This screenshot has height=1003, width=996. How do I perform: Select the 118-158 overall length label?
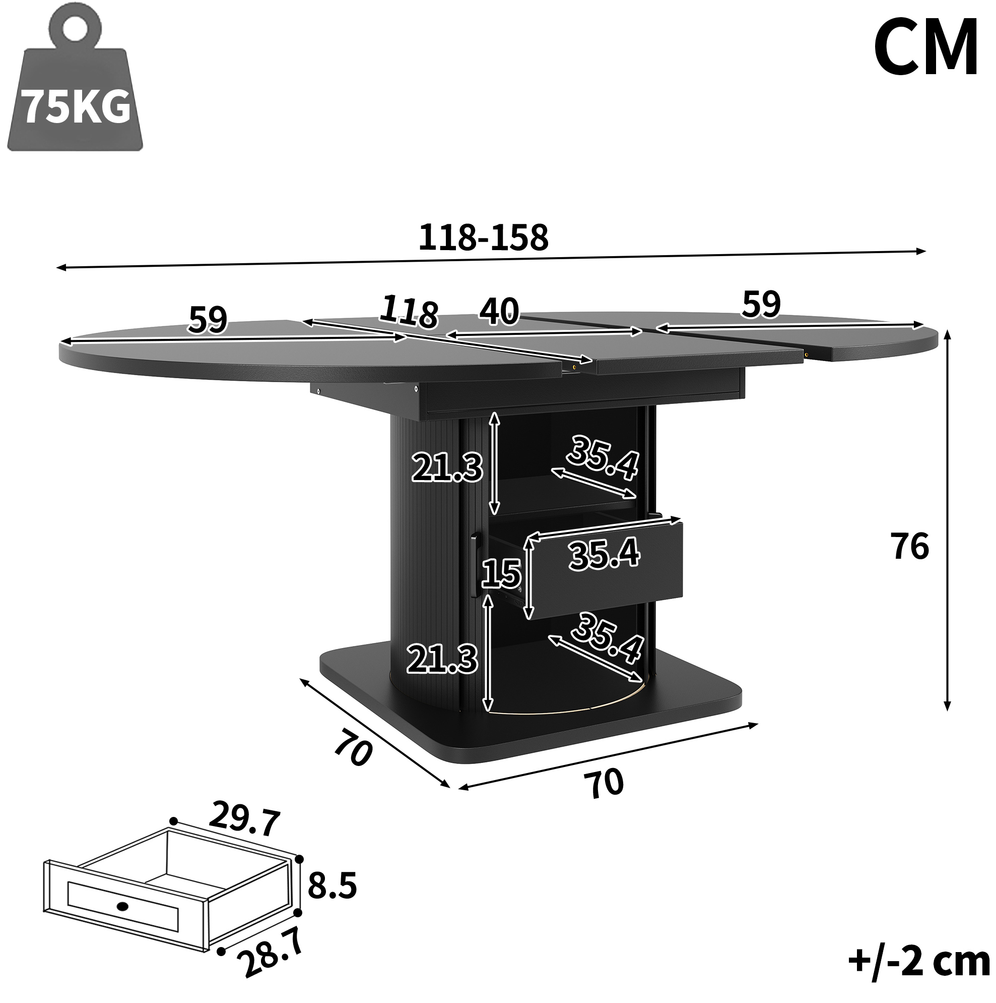pos(484,238)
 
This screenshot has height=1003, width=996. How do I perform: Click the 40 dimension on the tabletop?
pos(499,311)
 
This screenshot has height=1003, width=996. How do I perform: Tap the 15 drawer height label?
pos(501,574)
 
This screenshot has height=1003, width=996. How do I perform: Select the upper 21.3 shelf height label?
pos(447,467)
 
